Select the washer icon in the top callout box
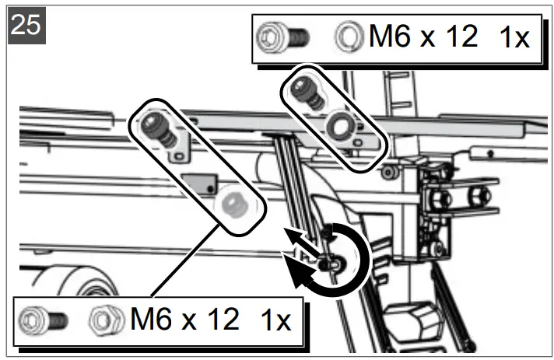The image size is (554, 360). (347, 37)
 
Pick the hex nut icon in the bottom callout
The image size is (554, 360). (103, 319)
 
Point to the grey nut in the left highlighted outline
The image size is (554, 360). (230, 204)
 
